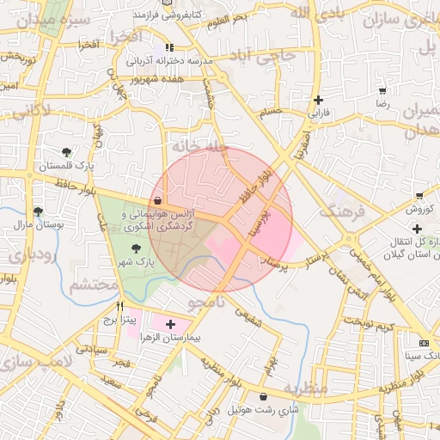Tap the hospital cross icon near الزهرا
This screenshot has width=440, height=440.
click(x=170, y=325)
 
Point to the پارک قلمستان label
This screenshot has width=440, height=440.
click(x=64, y=165)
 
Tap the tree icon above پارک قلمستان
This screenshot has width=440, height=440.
click(x=67, y=151)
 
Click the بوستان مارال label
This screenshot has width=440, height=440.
click(x=35, y=225)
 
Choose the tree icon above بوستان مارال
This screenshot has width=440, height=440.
click(x=37, y=211)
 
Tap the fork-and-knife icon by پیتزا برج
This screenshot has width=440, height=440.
click(x=119, y=305)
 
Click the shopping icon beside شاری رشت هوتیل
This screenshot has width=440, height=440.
click(x=262, y=396)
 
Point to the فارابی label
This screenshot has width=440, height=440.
click(x=319, y=113)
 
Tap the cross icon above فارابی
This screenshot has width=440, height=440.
click(x=319, y=100)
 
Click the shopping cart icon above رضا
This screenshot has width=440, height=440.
click(x=382, y=89)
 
